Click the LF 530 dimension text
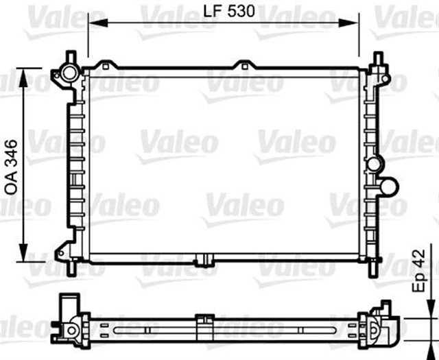[x=223, y=11]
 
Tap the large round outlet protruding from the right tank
[x=388, y=186]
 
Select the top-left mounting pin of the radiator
[x=71, y=56]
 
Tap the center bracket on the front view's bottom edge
[x=204, y=261]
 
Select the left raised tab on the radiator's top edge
[x=104, y=66]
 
